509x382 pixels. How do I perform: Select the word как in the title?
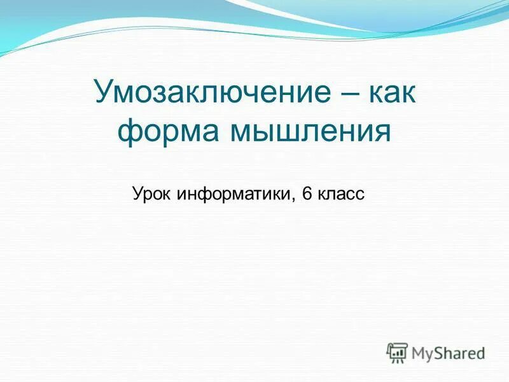[x=389, y=93]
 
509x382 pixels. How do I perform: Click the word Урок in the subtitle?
[x=153, y=194]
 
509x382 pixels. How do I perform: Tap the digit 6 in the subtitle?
[x=307, y=194]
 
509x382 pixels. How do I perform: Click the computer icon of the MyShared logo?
[x=396, y=352]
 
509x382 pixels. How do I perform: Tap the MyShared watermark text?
[x=448, y=352]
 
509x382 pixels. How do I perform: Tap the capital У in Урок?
[x=137, y=194]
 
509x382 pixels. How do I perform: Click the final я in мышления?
[x=379, y=132]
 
